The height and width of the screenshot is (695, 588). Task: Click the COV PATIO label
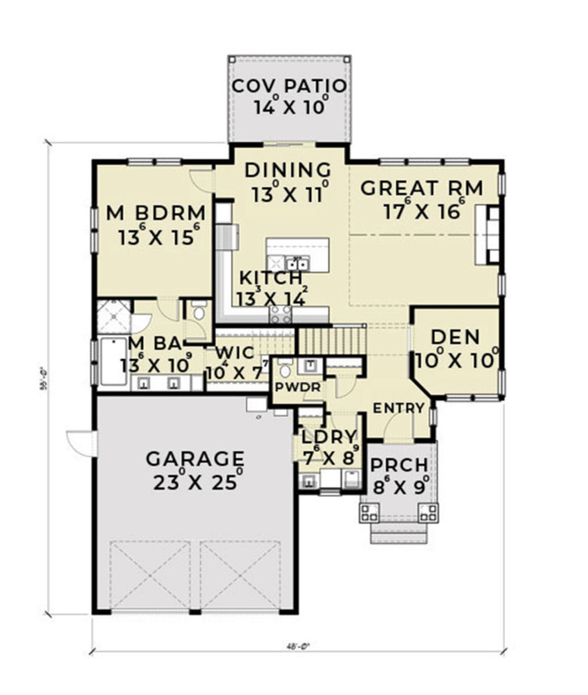point(286,86)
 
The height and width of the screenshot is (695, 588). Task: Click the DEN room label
point(456,338)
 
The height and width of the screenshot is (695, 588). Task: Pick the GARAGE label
point(194,458)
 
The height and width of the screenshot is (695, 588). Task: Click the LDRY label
point(328,436)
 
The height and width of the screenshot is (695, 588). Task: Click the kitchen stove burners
point(279,314)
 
